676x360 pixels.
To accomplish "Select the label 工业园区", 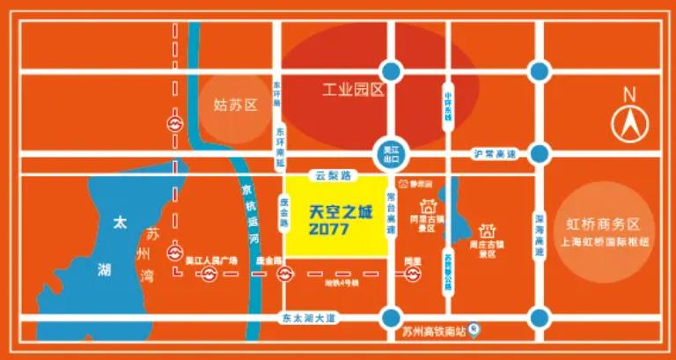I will coord(353,91).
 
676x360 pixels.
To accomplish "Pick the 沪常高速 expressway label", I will coord(494,155).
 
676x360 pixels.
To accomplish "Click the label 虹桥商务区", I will coord(608,224).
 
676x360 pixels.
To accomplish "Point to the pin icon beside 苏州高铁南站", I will coord(474,332).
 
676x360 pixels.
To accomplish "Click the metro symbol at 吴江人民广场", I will coord(208,276).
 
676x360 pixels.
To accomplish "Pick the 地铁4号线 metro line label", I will coord(339,283).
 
